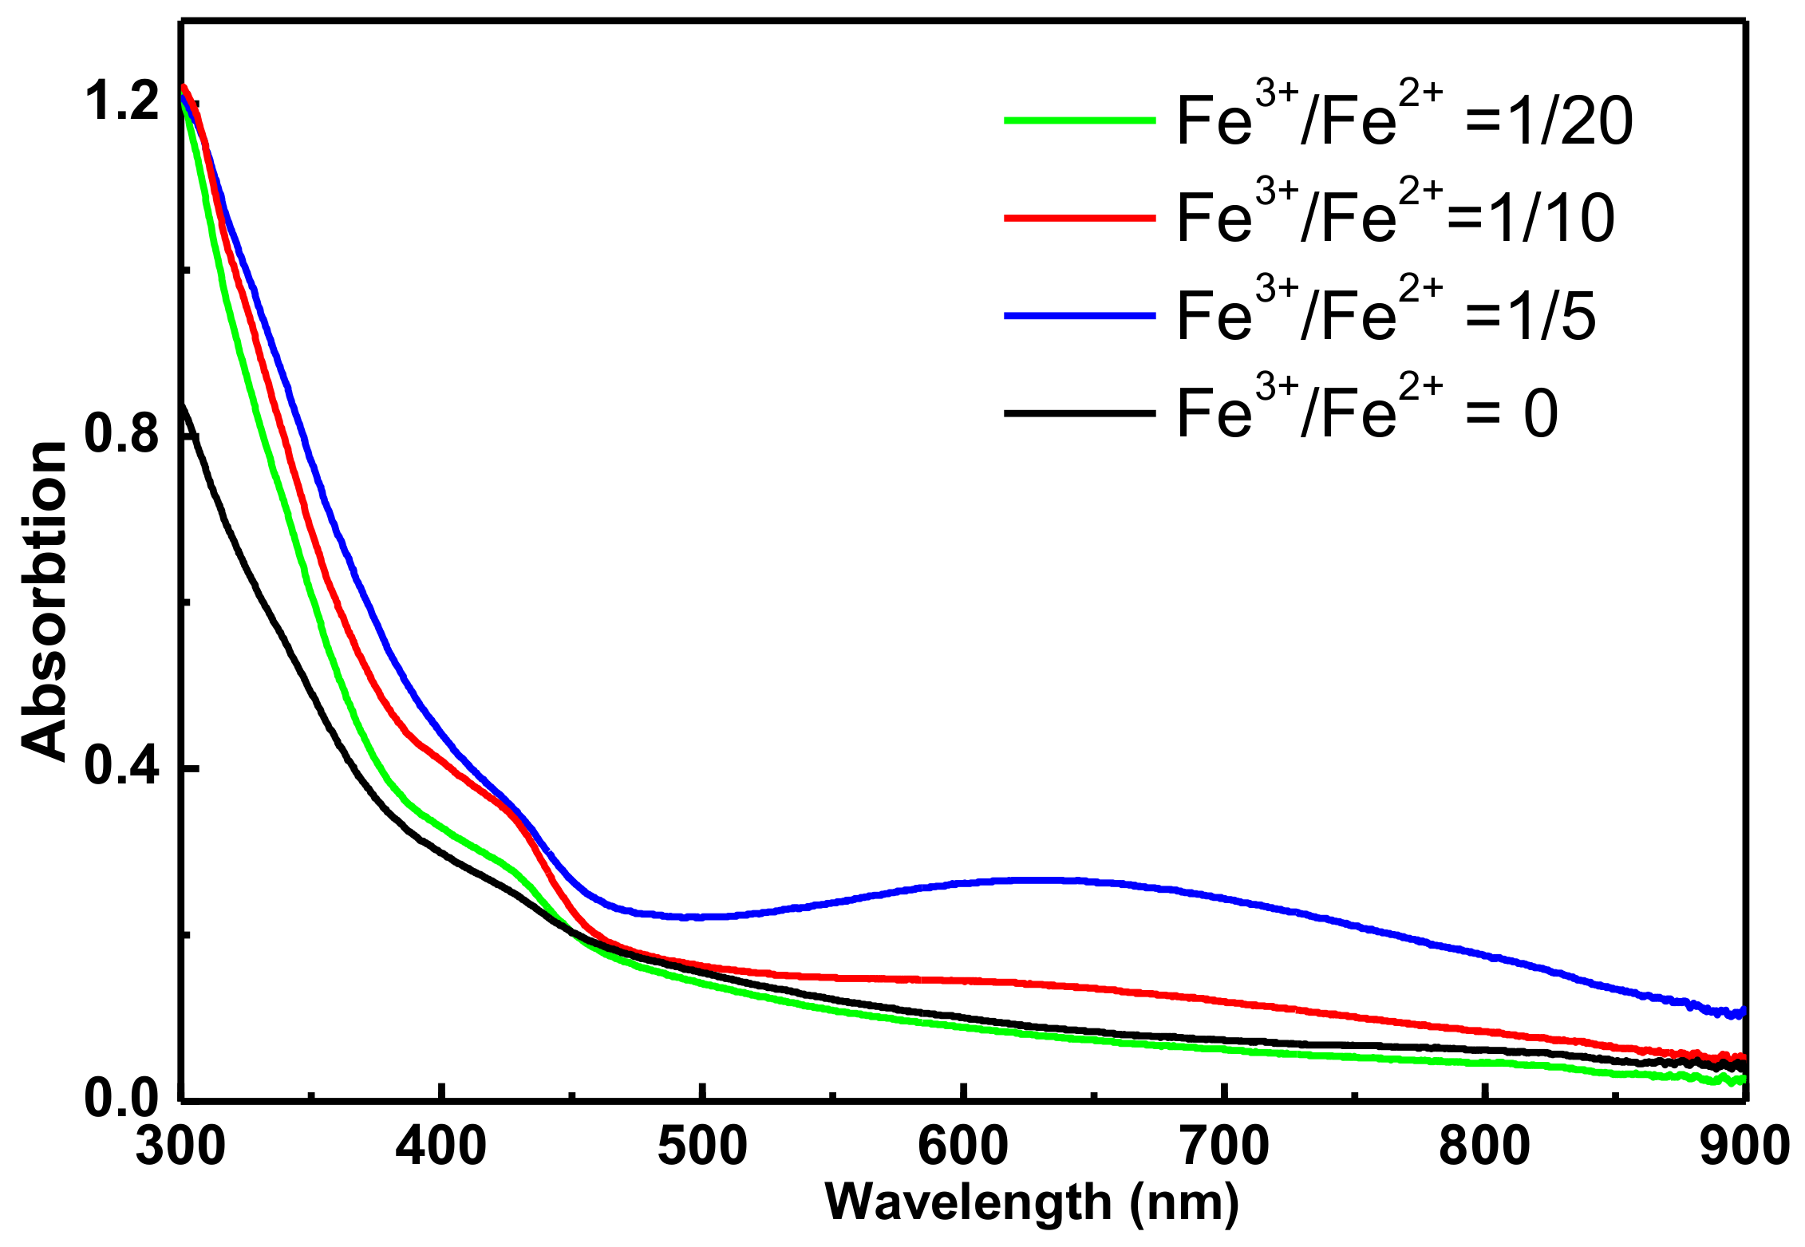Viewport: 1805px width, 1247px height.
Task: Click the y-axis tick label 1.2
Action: [x=121, y=102]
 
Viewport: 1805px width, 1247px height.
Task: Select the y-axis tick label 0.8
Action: [x=121, y=434]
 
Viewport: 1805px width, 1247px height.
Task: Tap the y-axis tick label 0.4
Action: [x=121, y=766]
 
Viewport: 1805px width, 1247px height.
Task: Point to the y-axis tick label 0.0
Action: [x=121, y=1098]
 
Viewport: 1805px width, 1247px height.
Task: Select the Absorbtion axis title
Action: [x=44, y=600]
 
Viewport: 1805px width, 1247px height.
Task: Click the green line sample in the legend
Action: [x=1079, y=120]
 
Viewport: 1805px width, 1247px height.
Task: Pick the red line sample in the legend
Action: [x=1079, y=218]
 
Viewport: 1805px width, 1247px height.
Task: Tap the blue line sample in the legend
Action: [x=1079, y=316]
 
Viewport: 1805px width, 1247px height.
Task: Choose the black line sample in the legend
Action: [x=1079, y=413]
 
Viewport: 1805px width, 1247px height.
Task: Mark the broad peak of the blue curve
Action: [x=1037, y=880]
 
